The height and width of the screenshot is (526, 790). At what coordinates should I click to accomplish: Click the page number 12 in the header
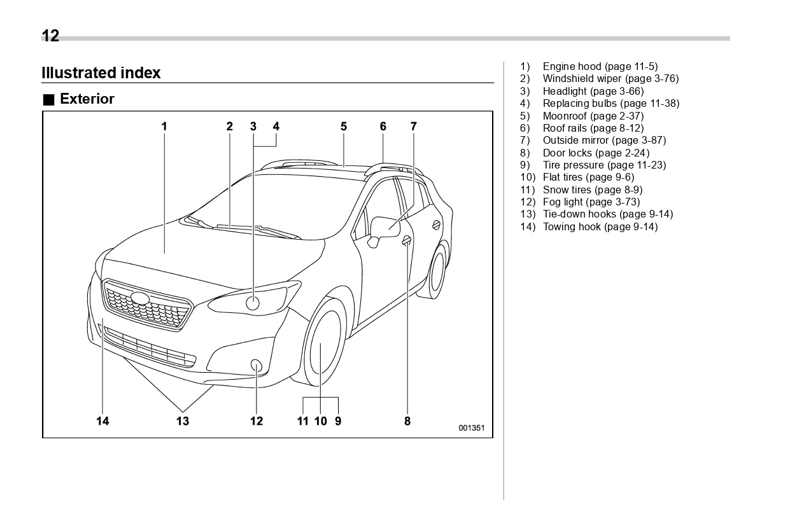(x=50, y=36)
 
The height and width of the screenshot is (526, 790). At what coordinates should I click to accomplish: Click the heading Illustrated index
(x=101, y=73)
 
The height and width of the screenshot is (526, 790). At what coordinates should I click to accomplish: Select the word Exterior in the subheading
(x=87, y=99)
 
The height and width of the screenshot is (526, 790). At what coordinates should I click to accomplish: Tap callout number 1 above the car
(x=164, y=127)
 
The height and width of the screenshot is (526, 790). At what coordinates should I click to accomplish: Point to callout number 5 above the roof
(x=344, y=127)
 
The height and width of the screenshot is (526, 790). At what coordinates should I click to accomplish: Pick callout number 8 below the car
(x=407, y=420)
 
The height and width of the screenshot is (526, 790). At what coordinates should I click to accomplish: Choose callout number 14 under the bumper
(x=102, y=420)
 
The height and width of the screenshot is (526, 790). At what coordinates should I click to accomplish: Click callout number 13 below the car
(x=183, y=420)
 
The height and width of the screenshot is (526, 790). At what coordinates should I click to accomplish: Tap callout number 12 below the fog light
(x=257, y=420)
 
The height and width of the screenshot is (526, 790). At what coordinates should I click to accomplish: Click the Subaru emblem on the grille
(x=140, y=298)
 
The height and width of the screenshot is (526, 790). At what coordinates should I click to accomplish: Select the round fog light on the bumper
(x=257, y=365)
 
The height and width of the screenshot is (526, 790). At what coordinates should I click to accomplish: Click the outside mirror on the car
(x=386, y=227)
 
